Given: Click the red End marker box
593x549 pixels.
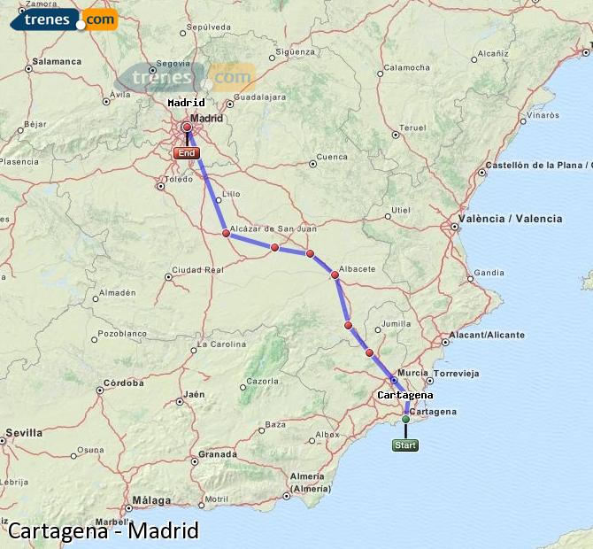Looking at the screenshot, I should click(186, 153).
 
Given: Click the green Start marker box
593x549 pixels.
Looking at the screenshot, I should click(405, 445).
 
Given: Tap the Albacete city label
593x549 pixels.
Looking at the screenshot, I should click(358, 269).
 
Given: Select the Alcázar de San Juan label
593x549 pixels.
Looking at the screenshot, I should click(273, 229).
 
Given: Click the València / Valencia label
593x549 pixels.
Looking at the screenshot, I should click(510, 219).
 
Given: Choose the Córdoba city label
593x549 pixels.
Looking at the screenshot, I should click(123, 383).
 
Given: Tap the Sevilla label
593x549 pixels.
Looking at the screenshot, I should click(23, 433).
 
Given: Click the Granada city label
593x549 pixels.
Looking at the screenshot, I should click(218, 454).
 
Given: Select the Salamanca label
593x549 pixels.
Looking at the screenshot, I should click(56, 62).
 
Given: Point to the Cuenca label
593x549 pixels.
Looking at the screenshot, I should click(332, 158).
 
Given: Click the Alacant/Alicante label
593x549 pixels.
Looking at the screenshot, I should click(488, 335).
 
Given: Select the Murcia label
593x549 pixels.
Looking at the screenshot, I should click(413, 374).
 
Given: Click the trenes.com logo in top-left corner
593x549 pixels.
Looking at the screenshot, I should click(63, 19).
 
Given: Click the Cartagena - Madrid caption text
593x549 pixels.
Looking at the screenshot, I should click(104, 531).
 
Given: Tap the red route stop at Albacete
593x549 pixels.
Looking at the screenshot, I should click(335, 275).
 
